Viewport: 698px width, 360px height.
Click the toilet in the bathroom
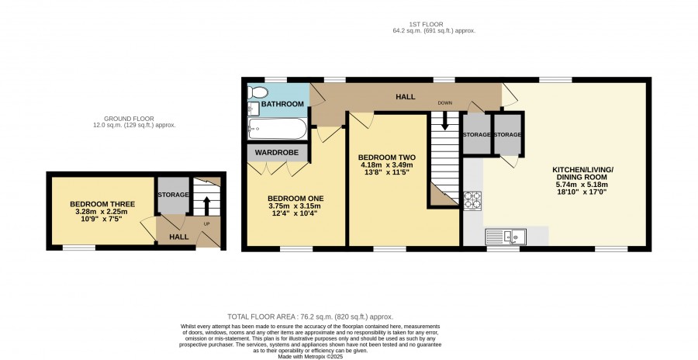click(x=257, y=92)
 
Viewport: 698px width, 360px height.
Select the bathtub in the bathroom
click(x=278, y=129)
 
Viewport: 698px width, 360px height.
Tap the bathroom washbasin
click(x=254, y=109)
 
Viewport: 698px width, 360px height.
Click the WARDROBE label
click(x=276, y=153)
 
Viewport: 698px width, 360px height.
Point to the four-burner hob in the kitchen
click(x=472, y=200)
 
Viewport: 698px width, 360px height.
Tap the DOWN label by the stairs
click(x=444, y=103)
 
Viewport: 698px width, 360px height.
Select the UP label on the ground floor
click(x=206, y=223)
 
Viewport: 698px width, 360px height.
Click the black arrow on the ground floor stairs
click(x=206, y=206)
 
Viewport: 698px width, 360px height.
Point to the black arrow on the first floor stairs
click(x=444, y=121)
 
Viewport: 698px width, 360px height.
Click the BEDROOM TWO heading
click(x=387, y=157)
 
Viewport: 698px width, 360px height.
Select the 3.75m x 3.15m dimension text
click(x=294, y=206)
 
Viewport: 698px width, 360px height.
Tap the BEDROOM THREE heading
click(x=102, y=204)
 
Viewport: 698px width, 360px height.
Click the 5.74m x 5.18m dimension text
click(x=583, y=185)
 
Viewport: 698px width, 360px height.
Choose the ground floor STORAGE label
click(x=173, y=195)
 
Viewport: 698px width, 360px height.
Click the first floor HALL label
click(x=406, y=97)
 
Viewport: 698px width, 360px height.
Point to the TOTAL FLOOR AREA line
click(x=310, y=317)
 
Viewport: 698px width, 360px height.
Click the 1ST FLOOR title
click(x=426, y=25)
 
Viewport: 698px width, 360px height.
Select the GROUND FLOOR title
click(x=129, y=119)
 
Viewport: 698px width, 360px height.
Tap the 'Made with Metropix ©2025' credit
click(x=310, y=357)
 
